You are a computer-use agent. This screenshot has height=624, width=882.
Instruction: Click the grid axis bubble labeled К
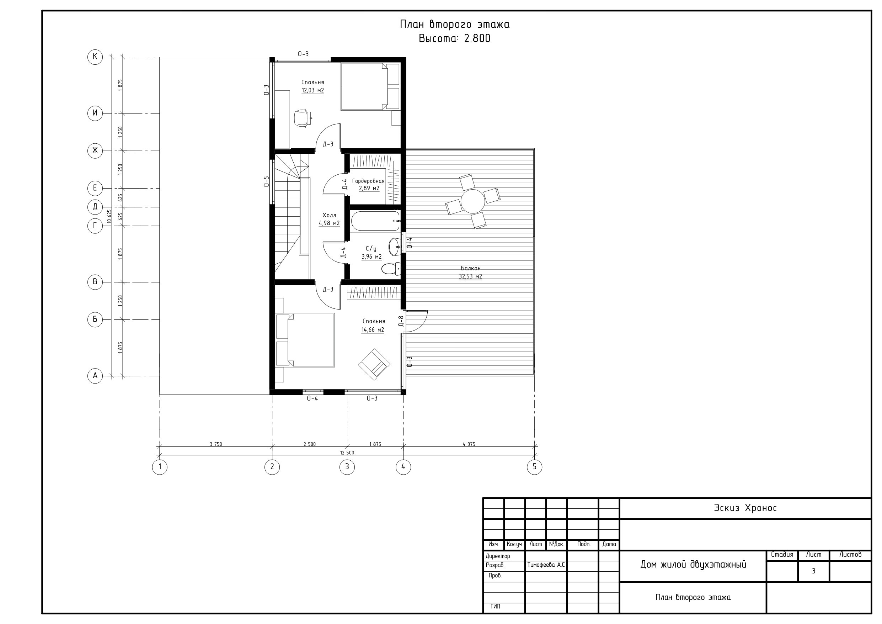[x=95, y=57]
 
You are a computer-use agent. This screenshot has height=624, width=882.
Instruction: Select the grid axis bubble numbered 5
[x=534, y=467]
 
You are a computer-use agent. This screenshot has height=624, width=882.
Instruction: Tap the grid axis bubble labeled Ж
[x=95, y=150]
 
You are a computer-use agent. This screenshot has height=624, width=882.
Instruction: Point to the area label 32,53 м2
[x=470, y=276]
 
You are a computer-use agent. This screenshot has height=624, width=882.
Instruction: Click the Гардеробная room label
[x=368, y=181]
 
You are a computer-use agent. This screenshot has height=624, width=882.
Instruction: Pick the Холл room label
[x=329, y=215]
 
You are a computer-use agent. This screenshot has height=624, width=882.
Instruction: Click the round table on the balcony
[x=473, y=201]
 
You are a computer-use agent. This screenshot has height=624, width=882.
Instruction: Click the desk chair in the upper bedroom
[x=302, y=118]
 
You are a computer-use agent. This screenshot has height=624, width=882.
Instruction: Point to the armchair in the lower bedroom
[x=374, y=365]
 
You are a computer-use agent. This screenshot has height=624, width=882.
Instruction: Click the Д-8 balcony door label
[x=401, y=321]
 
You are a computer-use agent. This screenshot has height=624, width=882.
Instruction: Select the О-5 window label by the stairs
[x=266, y=181]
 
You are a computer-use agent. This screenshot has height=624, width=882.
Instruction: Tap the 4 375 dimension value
[x=469, y=444]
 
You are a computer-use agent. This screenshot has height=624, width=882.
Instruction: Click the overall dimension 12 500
[x=347, y=453]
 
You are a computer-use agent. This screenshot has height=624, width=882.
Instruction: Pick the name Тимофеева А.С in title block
[x=546, y=565]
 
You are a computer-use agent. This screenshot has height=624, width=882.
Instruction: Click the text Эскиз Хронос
[x=745, y=508]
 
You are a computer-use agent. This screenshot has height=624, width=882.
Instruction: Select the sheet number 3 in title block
[x=813, y=571]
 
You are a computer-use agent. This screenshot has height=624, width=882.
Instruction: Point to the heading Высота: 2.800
[x=454, y=38]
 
